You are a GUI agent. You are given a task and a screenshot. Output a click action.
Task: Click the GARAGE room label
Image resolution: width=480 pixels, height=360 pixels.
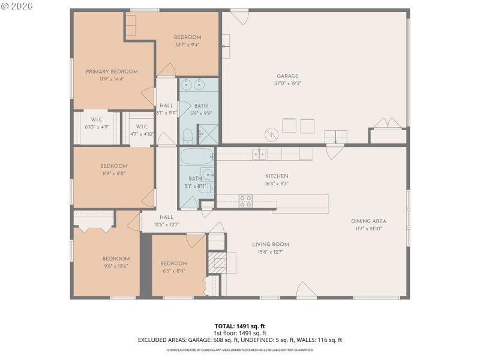click(x=287, y=76)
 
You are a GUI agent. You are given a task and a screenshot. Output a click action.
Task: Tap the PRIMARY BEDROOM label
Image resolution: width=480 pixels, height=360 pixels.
click(x=112, y=71)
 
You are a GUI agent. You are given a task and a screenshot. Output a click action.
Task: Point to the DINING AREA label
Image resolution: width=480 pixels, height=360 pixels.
click(x=368, y=221)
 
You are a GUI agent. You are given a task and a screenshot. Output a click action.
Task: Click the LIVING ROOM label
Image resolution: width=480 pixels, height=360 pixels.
click(x=271, y=244)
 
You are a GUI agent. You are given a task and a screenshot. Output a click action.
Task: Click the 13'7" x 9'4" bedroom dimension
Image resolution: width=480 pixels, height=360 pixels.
click(x=187, y=44)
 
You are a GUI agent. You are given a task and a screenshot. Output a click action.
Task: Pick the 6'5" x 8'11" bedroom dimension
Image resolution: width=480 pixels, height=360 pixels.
click(x=174, y=271)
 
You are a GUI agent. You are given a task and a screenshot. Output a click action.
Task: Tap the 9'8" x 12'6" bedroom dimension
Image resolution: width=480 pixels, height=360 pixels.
click(x=115, y=266)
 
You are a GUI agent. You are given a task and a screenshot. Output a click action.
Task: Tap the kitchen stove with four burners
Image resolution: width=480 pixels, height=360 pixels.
click(x=246, y=201)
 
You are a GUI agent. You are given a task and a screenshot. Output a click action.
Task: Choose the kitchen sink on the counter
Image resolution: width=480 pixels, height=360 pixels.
click(x=259, y=154)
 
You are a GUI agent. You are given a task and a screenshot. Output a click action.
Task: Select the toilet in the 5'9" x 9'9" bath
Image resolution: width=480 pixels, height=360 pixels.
click(x=187, y=134)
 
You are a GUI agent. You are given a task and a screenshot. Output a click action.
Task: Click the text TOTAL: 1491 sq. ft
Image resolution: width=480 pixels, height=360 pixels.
click(x=239, y=326)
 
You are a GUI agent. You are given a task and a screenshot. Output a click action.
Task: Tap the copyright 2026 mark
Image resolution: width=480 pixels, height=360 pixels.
click(x=17, y=6)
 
